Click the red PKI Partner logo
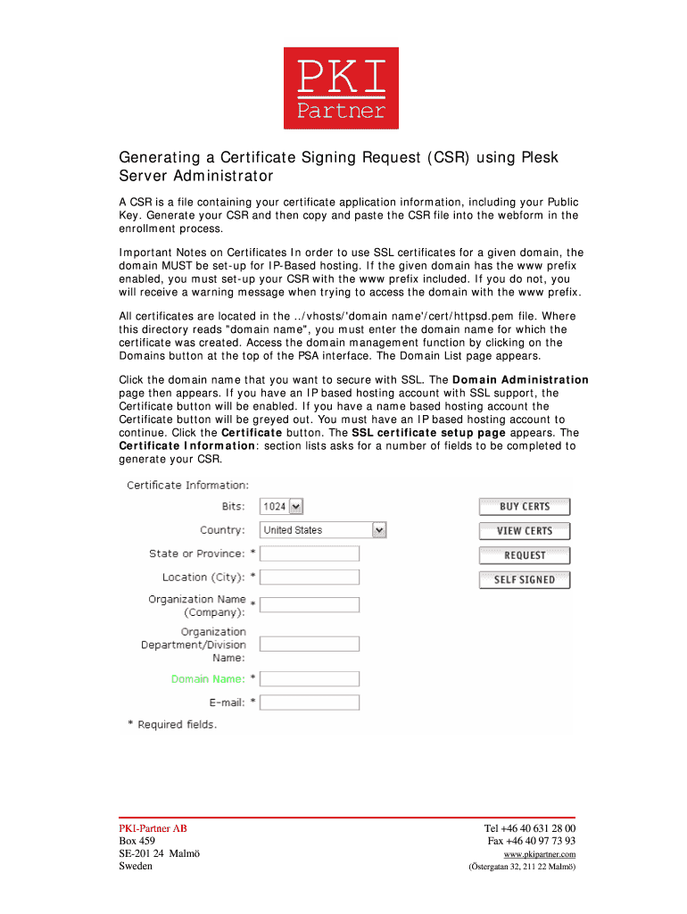pyautogui.click(x=341, y=88)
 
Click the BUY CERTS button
pyautogui.click(x=525, y=507)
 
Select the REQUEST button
pyautogui.click(x=525, y=555)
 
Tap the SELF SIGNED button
pyautogui.click(x=525, y=580)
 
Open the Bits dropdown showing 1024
pyautogui.click(x=282, y=507)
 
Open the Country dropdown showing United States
pyautogui.click(x=323, y=530)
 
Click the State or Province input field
pyautogui.click(x=310, y=554)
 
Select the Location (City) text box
pyautogui.click(x=310, y=577)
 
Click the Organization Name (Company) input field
pyautogui.click(x=310, y=605)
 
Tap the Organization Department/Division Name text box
pyautogui.click(x=310, y=644)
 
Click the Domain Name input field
pyautogui.click(x=310, y=679)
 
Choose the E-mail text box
pyautogui.click(x=310, y=702)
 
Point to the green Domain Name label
pyautogui.click(x=207, y=679)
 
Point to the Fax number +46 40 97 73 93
pyautogui.click(x=531, y=841)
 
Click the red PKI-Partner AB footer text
pyautogui.click(x=153, y=828)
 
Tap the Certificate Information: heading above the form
pyautogui.click(x=187, y=486)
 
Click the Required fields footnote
pyautogui.click(x=177, y=725)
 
